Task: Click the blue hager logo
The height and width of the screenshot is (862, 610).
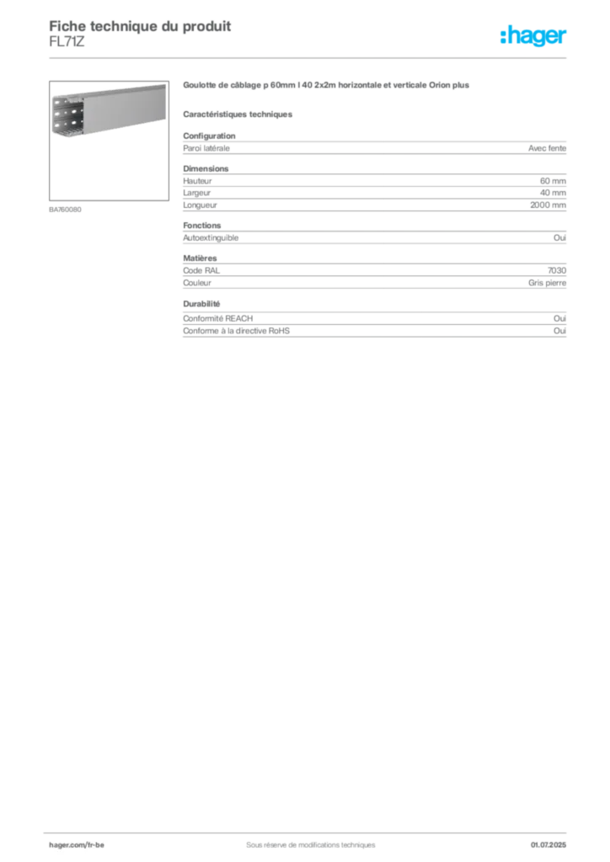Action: pos(535,36)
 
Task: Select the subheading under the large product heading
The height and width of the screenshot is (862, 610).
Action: pos(239,114)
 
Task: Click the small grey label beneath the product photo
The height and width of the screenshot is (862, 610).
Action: pos(67,208)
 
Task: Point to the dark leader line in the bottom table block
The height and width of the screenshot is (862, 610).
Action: pos(404,320)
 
